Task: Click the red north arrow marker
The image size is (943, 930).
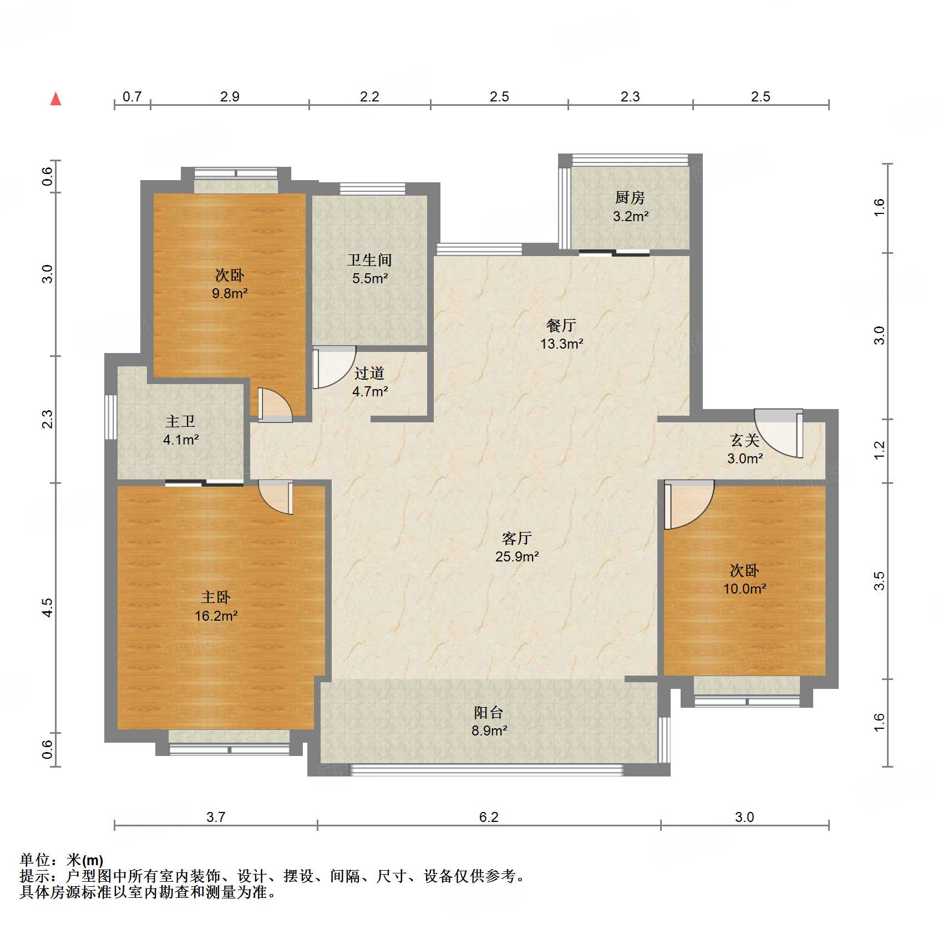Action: [55, 99]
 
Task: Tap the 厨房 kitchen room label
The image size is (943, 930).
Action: [630, 197]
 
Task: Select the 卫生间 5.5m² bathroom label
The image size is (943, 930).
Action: [369, 269]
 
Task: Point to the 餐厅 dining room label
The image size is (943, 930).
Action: [561, 325]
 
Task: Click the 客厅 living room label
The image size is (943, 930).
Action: [517, 538]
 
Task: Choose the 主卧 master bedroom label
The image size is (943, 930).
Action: [216, 597]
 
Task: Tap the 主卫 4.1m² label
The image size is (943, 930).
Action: [181, 430]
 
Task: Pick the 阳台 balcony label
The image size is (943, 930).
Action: [489, 712]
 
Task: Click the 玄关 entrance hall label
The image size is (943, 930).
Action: [745, 440]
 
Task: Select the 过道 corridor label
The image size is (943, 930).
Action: [369, 373]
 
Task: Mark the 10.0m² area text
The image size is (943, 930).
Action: [744, 589]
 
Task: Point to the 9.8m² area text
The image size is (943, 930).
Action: [230, 293]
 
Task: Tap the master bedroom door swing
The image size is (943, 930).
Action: [276, 497]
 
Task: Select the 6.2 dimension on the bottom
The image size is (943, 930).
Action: [489, 817]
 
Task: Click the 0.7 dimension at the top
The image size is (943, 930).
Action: [132, 96]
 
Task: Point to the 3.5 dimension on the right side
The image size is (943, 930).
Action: [879, 581]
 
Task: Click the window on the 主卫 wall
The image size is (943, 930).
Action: [111, 417]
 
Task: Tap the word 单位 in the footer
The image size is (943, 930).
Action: [35, 860]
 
